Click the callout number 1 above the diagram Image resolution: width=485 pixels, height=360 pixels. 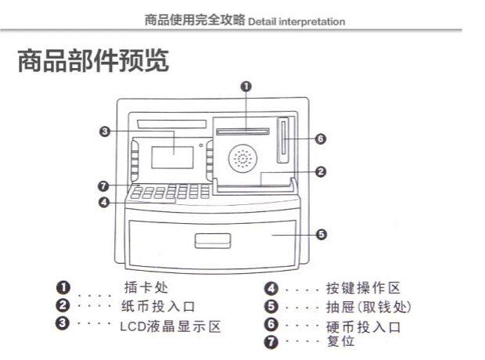point(246,87)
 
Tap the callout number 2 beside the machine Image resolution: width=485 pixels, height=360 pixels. point(321,171)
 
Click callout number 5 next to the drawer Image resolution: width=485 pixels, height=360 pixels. point(322,233)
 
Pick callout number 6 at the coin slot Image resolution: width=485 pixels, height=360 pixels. point(321,139)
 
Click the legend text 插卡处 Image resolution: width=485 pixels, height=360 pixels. point(145,288)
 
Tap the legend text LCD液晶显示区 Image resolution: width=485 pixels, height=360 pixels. point(171,323)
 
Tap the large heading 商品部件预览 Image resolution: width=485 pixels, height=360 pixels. point(93,63)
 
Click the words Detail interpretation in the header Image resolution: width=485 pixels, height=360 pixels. point(296,22)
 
